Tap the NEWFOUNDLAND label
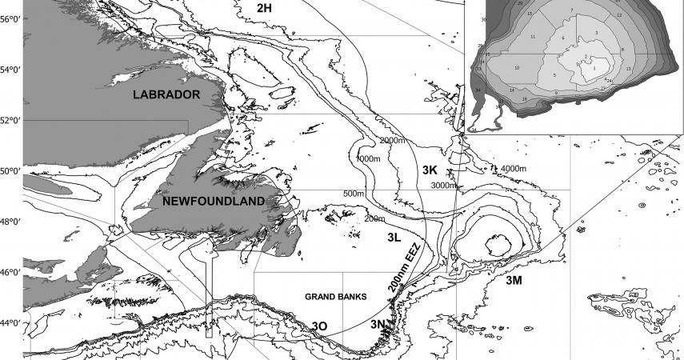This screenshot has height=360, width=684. [x=213, y=201]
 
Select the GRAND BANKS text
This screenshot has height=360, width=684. [x=335, y=297]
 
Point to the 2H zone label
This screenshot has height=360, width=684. [x=265, y=7]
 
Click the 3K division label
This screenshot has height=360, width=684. [x=430, y=170]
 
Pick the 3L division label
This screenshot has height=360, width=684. [x=393, y=238]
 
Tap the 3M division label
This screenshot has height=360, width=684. [x=514, y=281]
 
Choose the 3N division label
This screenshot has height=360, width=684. [x=379, y=324]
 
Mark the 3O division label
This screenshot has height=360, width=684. [x=320, y=326]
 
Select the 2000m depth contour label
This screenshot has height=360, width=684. [x=392, y=141]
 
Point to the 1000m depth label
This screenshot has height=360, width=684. [x=368, y=159]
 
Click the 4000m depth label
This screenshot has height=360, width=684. [x=514, y=169]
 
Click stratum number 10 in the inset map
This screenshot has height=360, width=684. [x=517, y=68]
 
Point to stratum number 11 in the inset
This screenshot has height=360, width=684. [x=532, y=38]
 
